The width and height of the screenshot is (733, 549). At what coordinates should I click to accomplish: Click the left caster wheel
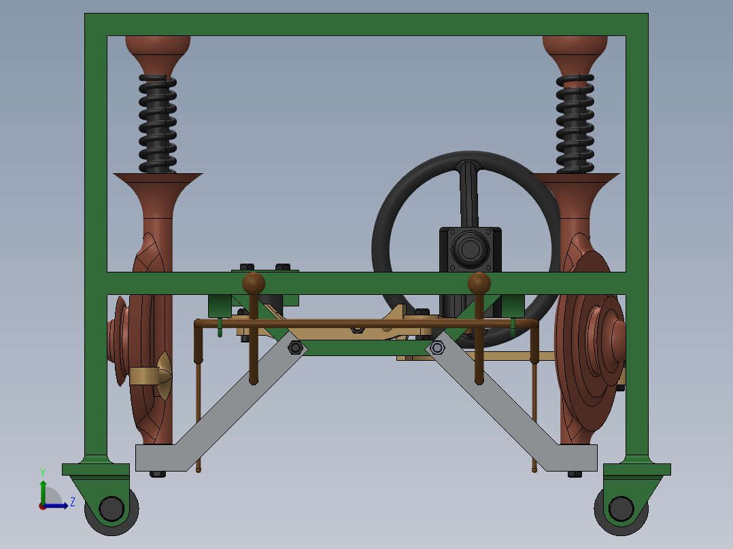[x=112, y=508]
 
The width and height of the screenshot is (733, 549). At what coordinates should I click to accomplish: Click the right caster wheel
[x=620, y=508]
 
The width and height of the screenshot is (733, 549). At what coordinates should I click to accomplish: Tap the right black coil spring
[x=575, y=122]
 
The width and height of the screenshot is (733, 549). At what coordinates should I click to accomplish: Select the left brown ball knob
[x=254, y=283]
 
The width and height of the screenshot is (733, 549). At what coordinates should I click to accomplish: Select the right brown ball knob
[x=479, y=283]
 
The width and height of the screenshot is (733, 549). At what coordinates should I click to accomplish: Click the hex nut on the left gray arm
[x=295, y=348]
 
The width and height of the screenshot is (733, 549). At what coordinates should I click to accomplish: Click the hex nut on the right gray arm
[x=437, y=348]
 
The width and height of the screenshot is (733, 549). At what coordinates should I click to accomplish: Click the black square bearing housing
[x=470, y=249]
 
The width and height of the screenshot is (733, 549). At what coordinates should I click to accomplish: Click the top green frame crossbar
[x=366, y=24]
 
